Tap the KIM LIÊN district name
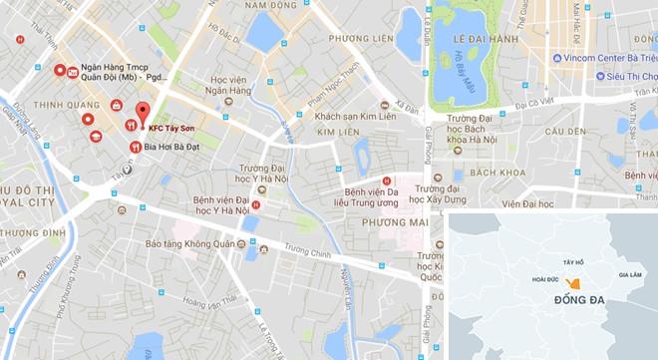click(337, 132)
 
